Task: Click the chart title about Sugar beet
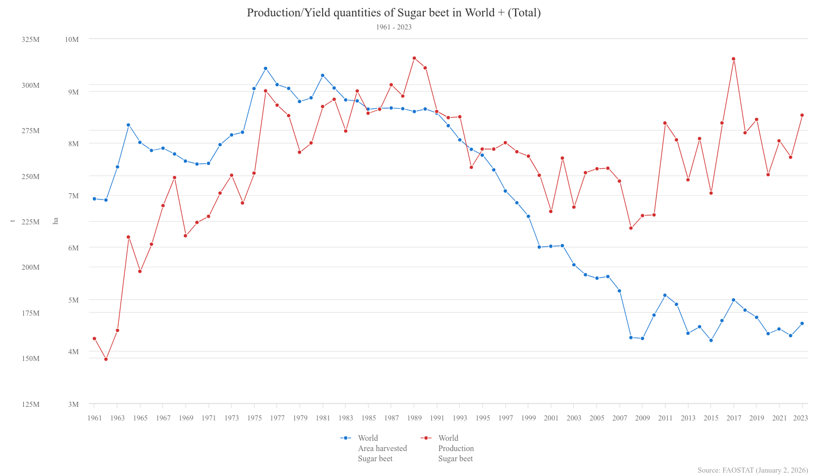point(393,12)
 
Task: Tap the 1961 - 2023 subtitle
point(393,27)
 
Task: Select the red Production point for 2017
point(733,59)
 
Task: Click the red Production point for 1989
point(414,58)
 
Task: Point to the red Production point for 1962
point(106,359)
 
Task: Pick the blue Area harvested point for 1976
point(265,69)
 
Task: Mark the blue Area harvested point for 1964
point(128,125)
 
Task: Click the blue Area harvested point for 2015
point(711,340)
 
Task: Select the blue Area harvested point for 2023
point(802,324)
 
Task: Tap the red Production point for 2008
point(631,228)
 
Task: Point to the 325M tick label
point(31,39)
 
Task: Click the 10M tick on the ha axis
point(72,39)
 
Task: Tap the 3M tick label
point(73,404)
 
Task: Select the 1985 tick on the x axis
point(368,418)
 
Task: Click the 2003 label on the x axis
point(574,418)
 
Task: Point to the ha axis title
point(55,221)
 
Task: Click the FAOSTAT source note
point(753,470)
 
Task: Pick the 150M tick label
point(31,358)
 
